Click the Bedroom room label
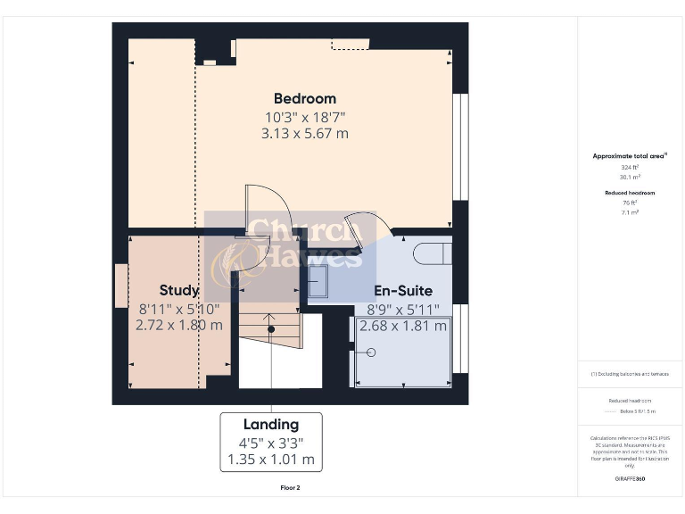coord(304,98)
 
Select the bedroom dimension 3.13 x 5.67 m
coord(304,134)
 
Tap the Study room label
coord(178,291)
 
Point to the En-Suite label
coord(402,291)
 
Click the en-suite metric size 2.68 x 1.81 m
coord(402,326)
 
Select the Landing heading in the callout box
coord(270,425)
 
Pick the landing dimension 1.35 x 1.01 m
coord(270,460)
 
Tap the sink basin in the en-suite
coord(319,283)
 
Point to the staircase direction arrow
coord(269,327)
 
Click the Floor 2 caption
coord(290,488)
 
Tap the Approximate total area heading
coord(630,156)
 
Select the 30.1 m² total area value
coord(630,177)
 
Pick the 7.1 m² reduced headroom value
coord(630,212)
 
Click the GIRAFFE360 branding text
coord(630,479)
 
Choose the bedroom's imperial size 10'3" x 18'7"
coord(304,117)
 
